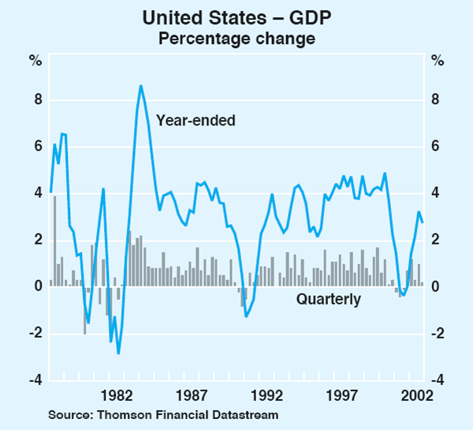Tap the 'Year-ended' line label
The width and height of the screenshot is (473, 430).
pyautogui.click(x=196, y=120)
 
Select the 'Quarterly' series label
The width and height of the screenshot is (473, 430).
pyautogui.click(x=329, y=299)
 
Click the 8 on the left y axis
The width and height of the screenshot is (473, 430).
pyautogui.click(x=35, y=100)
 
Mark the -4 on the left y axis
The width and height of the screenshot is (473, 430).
pyautogui.click(x=34, y=380)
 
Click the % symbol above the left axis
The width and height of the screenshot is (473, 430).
pyautogui.click(x=35, y=60)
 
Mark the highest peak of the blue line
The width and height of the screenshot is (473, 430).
pyautogui.click(x=140, y=86)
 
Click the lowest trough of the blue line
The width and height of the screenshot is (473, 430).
pyautogui.click(x=118, y=353)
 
